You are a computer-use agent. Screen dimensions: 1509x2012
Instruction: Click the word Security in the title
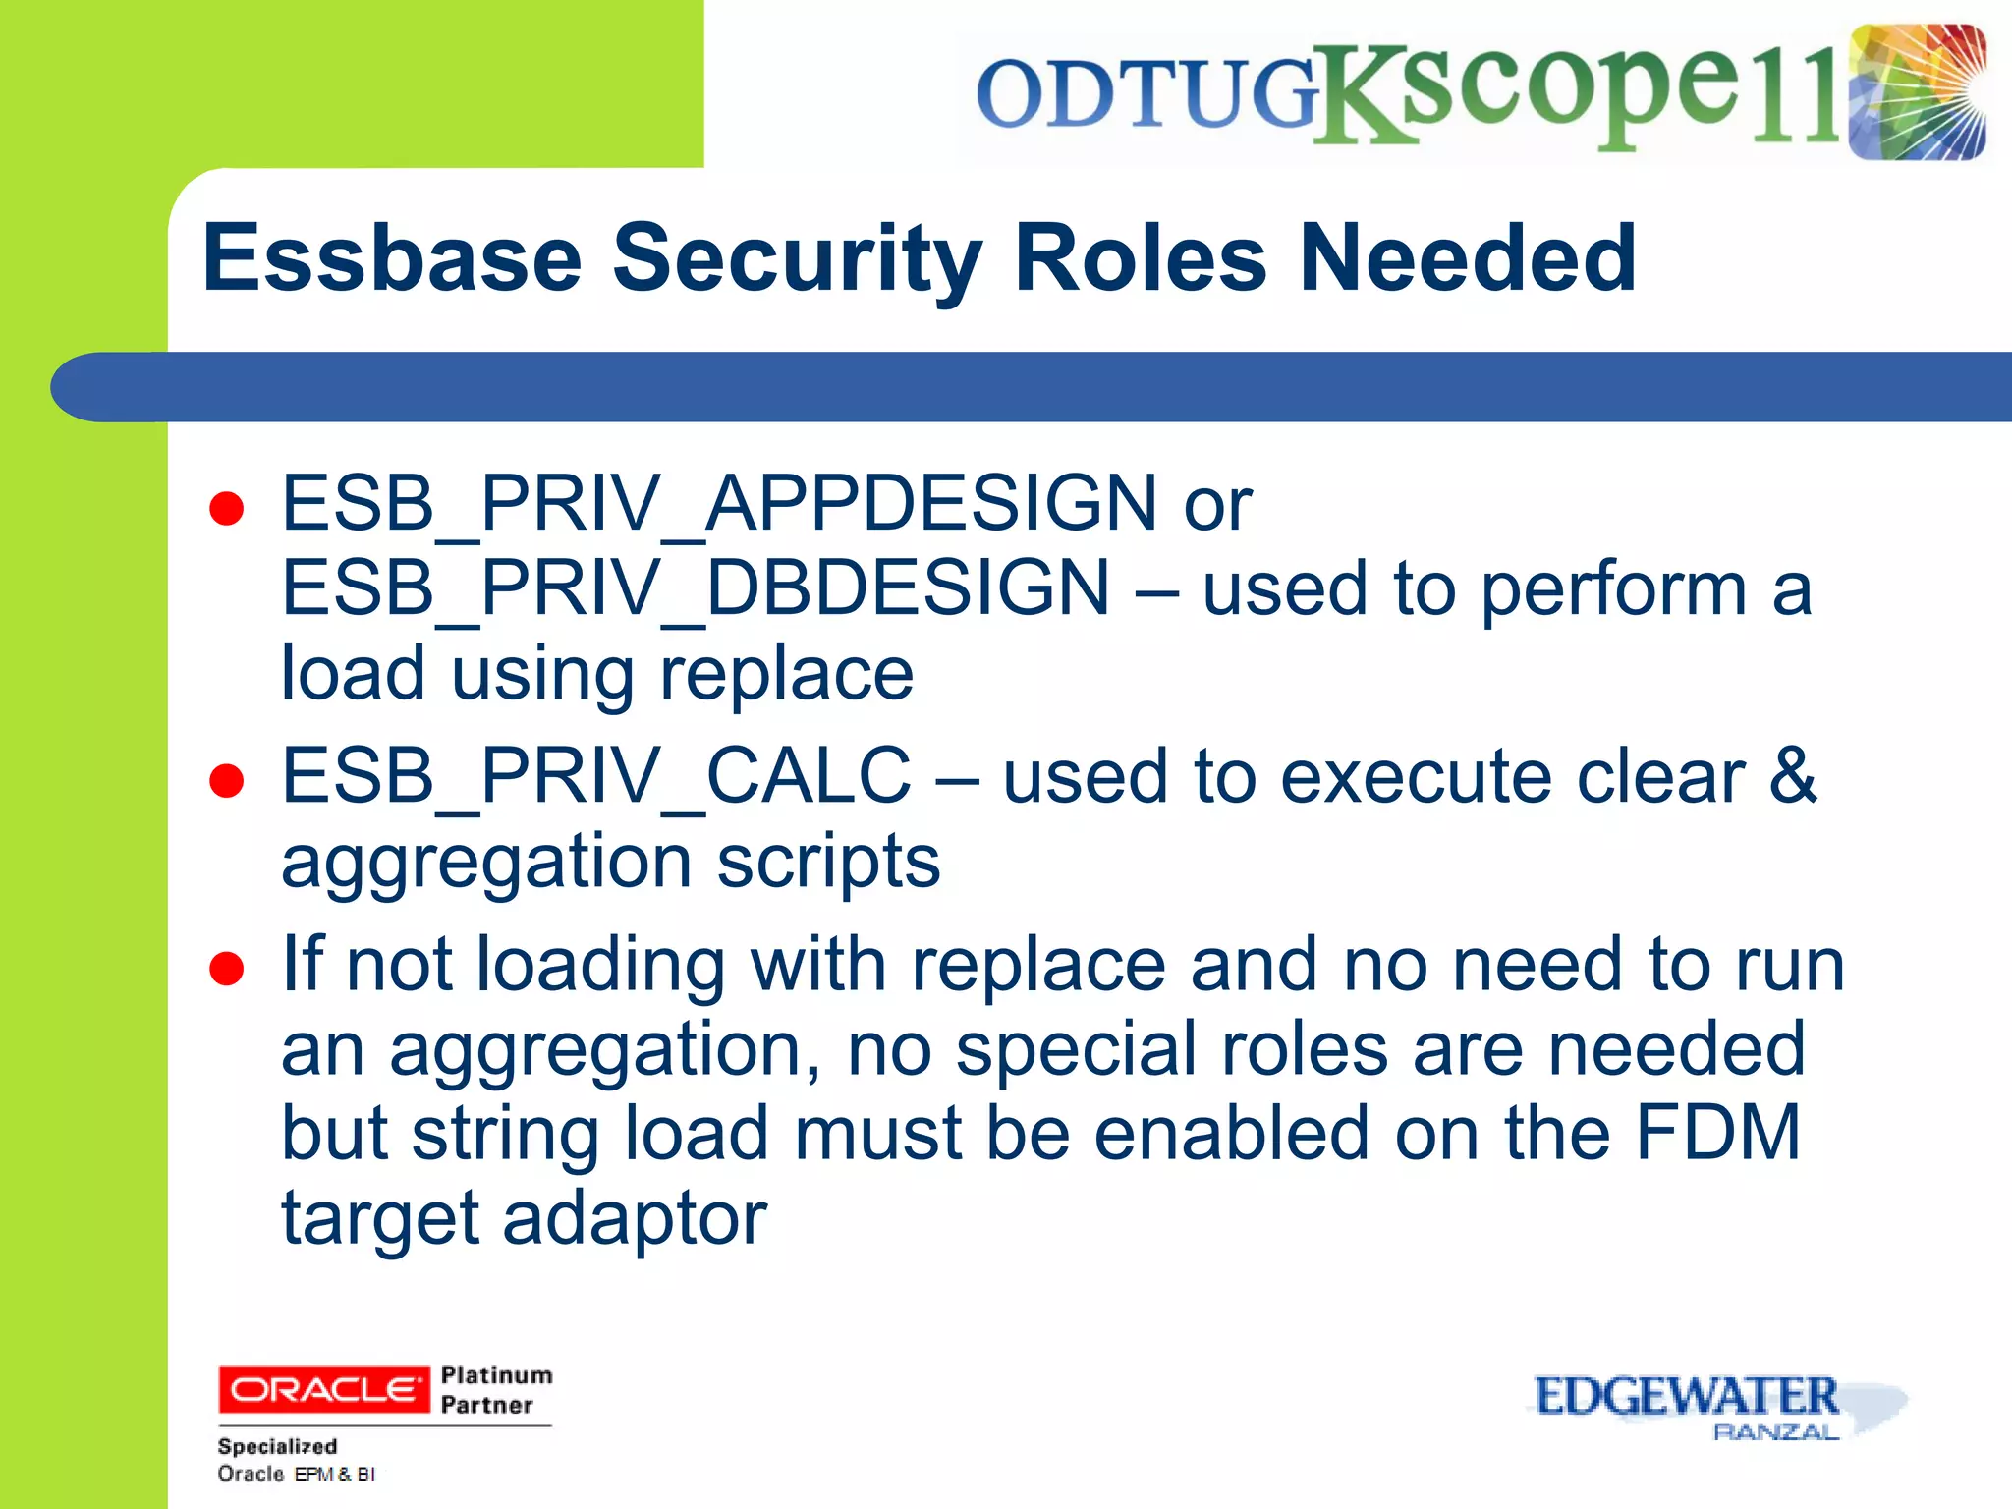[797, 258]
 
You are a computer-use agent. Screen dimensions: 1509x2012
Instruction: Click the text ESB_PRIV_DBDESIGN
[696, 588]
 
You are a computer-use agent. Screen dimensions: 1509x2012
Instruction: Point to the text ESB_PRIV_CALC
[596, 777]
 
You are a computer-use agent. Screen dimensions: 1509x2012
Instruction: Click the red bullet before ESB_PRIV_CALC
[227, 781]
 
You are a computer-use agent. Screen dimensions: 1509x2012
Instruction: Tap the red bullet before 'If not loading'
[227, 969]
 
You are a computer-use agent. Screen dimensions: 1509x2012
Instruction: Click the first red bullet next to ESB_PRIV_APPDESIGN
[227, 509]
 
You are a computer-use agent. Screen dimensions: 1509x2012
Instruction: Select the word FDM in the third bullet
[1717, 1134]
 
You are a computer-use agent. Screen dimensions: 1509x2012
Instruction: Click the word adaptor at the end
[635, 1219]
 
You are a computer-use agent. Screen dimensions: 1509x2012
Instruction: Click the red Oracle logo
[323, 1389]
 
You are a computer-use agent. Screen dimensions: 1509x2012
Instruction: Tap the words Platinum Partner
[496, 1389]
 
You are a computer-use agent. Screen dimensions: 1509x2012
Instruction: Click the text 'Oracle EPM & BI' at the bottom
[296, 1474]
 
